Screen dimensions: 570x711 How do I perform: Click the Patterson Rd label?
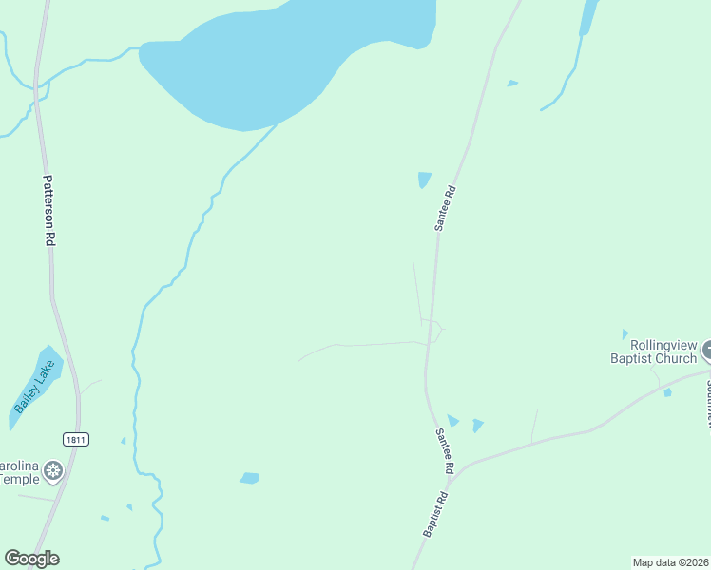(x=48, y=211)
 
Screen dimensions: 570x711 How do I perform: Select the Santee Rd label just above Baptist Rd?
(x=444, y=451)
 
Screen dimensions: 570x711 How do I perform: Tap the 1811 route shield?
(x=76, y=439)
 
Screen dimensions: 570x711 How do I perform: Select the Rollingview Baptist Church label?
(x=653, y=351)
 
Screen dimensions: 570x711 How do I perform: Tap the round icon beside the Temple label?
(x=55, y=469)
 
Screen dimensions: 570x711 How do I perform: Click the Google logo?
(x=31, y=559)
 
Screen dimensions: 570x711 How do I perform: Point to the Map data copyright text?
(x=670, y=561)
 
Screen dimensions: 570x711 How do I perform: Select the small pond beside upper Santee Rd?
(x=424, y=180)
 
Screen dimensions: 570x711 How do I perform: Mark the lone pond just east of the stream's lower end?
(x=250, y=478)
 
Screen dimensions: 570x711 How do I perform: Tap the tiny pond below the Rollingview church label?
(x=667, y=392)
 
